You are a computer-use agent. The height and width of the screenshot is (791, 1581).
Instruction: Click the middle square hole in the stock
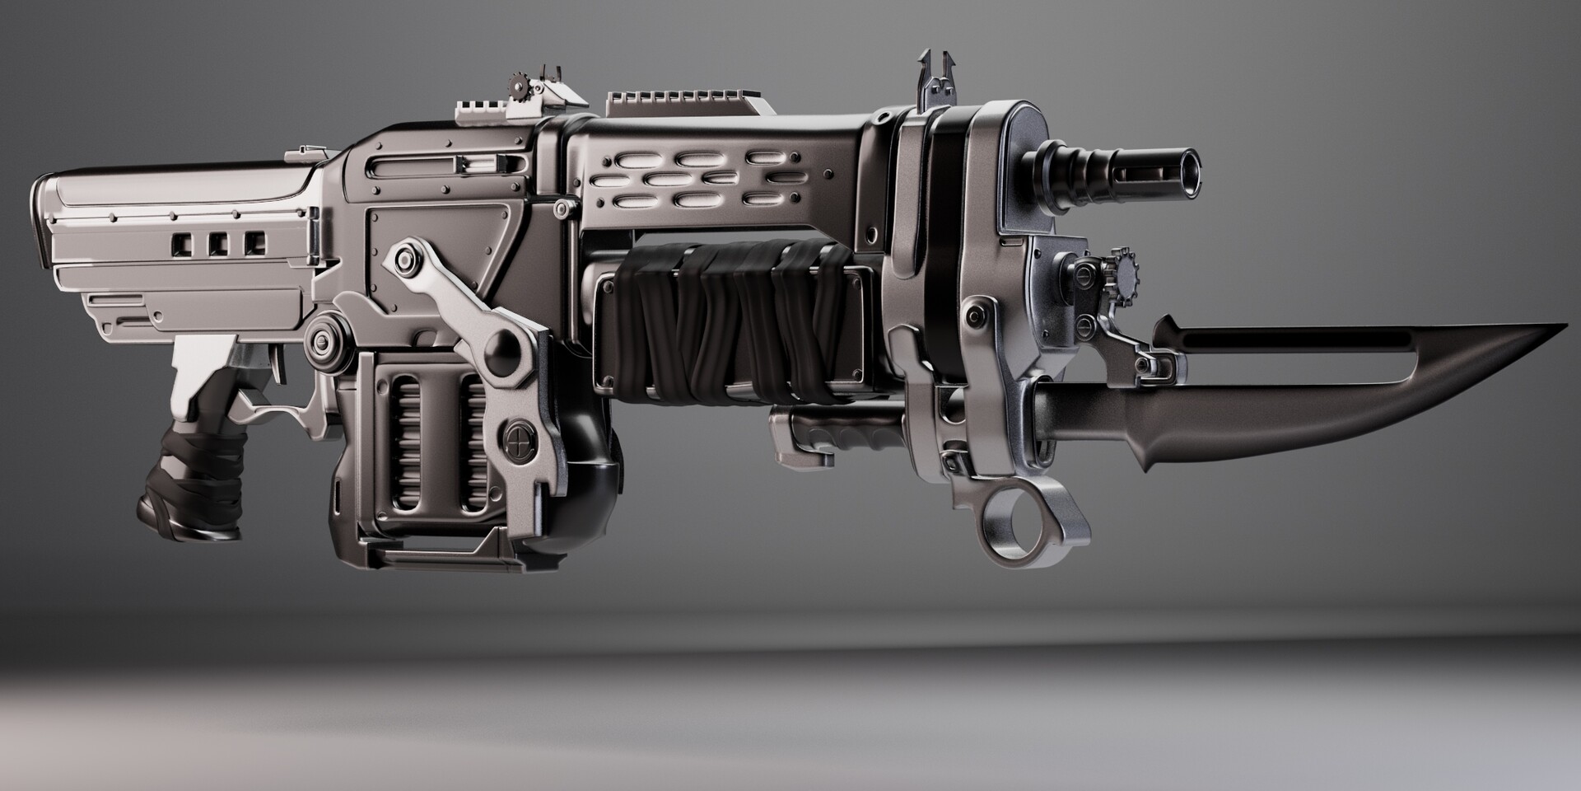(x=218, y=242)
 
